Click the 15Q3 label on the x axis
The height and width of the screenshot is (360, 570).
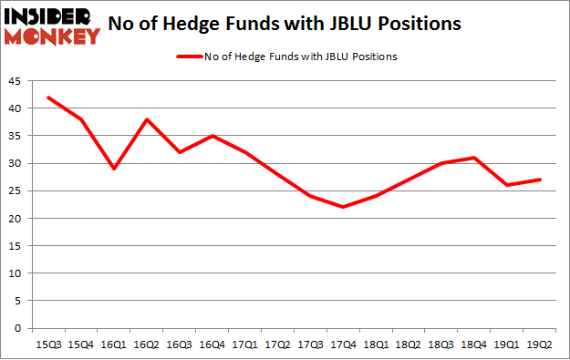49,344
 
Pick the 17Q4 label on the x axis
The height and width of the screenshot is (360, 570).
344,344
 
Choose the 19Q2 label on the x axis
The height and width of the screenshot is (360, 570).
540,344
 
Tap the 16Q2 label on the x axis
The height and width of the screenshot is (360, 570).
148,344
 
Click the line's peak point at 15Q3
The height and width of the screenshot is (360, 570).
49,98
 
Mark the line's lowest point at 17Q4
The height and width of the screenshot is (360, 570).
344,207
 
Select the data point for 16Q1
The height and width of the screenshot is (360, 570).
115,169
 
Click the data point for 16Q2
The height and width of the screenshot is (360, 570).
148,119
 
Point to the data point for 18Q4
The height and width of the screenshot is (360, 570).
474,158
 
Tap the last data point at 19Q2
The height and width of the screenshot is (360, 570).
540,180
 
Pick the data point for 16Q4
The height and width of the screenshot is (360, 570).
212,136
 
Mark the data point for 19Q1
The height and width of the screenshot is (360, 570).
507,185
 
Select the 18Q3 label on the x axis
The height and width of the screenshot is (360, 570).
441,344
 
